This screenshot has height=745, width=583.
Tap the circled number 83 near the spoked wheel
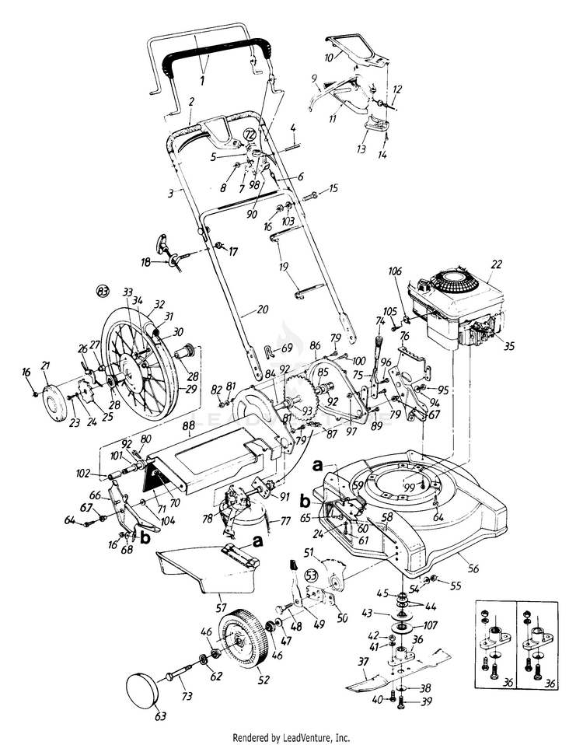coord(103,291)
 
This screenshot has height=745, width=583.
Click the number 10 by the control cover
coord(329,58)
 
